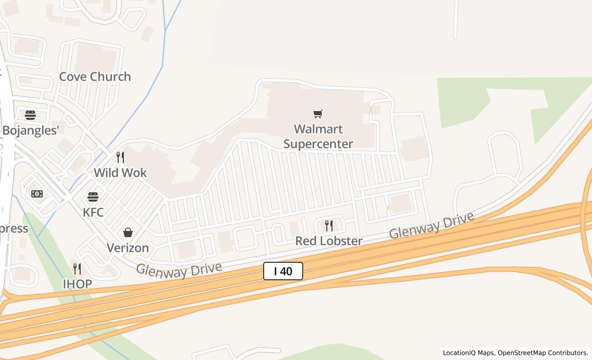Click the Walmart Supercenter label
[318, 136]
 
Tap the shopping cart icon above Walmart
[318, 114]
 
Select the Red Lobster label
[328, 241]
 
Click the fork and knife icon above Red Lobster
[329, 225]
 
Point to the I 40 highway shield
[283, 271]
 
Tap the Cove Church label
[95, 77]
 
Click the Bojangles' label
[31, 131]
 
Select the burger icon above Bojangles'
[30, 115]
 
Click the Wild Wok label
[120, 173]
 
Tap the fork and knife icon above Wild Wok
[120, 157]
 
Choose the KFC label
[93, 212]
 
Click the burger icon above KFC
[93, 197]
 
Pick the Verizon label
[127, 248]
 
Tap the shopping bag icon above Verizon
[128, 233]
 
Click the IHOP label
[77, 284]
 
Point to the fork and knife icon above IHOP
[77, 268]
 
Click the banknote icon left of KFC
[37, 194]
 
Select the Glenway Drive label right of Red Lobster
[431, 226]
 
